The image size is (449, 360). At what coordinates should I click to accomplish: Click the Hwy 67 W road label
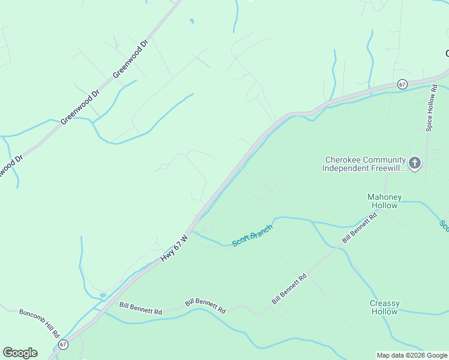pyautogui.click(x=175, y=248)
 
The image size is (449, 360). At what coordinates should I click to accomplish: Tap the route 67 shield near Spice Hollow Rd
pyautogui.click(x=402, y=85)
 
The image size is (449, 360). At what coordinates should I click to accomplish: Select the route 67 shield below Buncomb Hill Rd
pyautogui.click(x=64, y=344)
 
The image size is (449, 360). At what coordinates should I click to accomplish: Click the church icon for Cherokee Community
pyautogui.click(x=414, y=162)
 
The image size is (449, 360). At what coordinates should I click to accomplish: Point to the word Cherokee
pyautogui.click(x=343, y=160)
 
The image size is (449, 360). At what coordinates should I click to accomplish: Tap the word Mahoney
pyautogui.click(x=384, y=197)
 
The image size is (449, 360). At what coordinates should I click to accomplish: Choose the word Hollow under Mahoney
pyautogui.click(x=384, y=205)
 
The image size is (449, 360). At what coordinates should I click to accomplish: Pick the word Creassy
pyautogui.click(x=384, y=303)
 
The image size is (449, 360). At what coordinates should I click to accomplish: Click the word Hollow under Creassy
pyautogui.click(x=384, y=311)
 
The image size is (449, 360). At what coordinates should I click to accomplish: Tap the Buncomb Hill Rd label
pyautogui.click(x=40, y=323)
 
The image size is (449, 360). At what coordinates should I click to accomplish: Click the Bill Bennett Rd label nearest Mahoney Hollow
pyautogui.click(x=359, y=227)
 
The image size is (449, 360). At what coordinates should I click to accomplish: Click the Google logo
pyautogui.click(x=20, y=353)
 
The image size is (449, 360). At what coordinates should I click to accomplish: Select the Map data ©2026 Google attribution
pyautogui.click(x=412, y=355)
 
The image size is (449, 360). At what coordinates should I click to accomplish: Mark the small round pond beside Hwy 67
pyautogui.click(x=103, y=295)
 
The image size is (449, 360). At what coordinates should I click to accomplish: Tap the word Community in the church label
pyautogui.click(x=384, y=160)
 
